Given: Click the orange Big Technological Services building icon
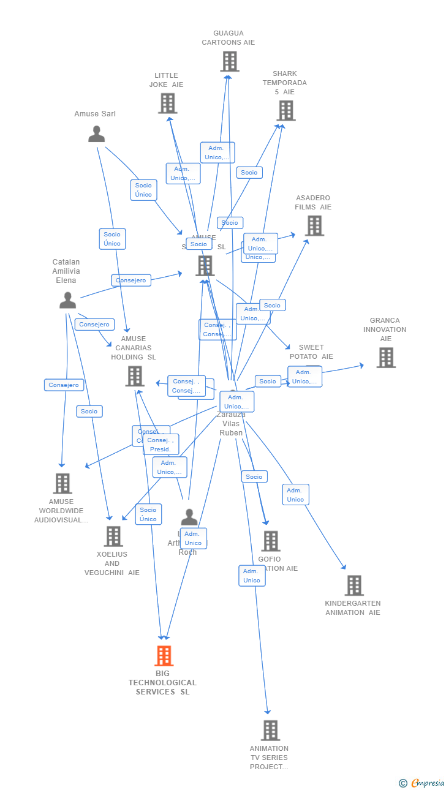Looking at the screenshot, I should pyautogui.click(x=164, y=655).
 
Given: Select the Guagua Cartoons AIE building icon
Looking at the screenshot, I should pyautogui.click(x=229, y=61).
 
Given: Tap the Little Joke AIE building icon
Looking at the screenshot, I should pyautogui.click(x=167, y=103).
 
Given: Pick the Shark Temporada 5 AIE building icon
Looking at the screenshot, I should pyautogui.click(x=285, y=111).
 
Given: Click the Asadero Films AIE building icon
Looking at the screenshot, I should pyautogui.click(x=314, y=226).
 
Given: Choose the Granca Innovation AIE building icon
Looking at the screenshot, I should pyautogui.click(x=385, y=358).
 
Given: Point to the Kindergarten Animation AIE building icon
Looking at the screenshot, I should pyautogui.click(x=353, y=585).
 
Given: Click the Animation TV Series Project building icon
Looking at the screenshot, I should pyautogui.click(x=270, y=730).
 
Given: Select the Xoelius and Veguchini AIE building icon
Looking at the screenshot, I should pyautogui.click(x=113, y=536).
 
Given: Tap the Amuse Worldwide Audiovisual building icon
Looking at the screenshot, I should pyautogui.click(x=62, y=483).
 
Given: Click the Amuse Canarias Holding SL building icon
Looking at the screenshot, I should pyautogui.click(x=135, y=376).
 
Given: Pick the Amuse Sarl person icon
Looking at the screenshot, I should pyautogui.click(x=96, y=134).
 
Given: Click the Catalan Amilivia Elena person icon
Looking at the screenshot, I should pyautogui.click(x=67, y=300).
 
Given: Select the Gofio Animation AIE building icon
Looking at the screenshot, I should pyautogui.click(x=270, y=541).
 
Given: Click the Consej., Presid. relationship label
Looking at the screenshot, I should pyautogui.click(x=161, y=445).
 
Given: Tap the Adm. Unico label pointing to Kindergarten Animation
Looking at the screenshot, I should pyautogui.click(x=295, y=495).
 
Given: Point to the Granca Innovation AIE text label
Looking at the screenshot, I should pyautogui.click(x=385, y=329).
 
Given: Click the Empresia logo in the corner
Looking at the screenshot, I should pyautogui.click(x=422, y=783).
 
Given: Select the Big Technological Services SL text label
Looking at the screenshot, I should pyautogui.click(x=162, y=682).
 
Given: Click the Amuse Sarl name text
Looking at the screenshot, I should pyautogui.click(x=95, y=114).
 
